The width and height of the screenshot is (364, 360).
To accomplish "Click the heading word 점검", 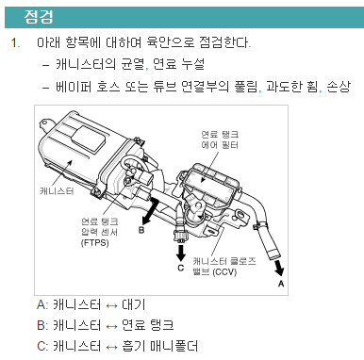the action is coord(39,17).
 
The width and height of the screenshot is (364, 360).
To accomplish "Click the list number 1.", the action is coord(15,42).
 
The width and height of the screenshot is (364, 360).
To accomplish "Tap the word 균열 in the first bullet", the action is coord(134,64).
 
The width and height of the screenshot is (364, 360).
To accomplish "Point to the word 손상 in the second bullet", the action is coord(339,86).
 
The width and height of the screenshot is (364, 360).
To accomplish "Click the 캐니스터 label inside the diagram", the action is coord(57,190).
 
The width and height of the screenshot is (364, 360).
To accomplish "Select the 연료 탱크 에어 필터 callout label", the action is coord(220,139).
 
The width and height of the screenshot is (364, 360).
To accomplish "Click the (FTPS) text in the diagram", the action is coord(94,243).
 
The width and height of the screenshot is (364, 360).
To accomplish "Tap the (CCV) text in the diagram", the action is coord(224,271).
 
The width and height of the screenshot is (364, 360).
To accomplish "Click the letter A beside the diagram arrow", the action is coord(281,284).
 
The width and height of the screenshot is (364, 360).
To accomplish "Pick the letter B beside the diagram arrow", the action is coord(141,230).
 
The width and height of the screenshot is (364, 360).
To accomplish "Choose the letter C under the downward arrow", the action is coord(181,268).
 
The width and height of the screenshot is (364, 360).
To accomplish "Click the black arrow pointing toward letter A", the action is coord(279,268).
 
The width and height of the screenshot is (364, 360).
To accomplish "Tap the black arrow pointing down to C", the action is coord(181,253).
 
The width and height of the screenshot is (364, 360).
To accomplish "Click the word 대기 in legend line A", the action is coord(134,304).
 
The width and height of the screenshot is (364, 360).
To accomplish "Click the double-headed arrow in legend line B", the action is coord(111,326).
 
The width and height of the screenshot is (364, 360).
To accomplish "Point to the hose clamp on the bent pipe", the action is coord(260,224).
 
